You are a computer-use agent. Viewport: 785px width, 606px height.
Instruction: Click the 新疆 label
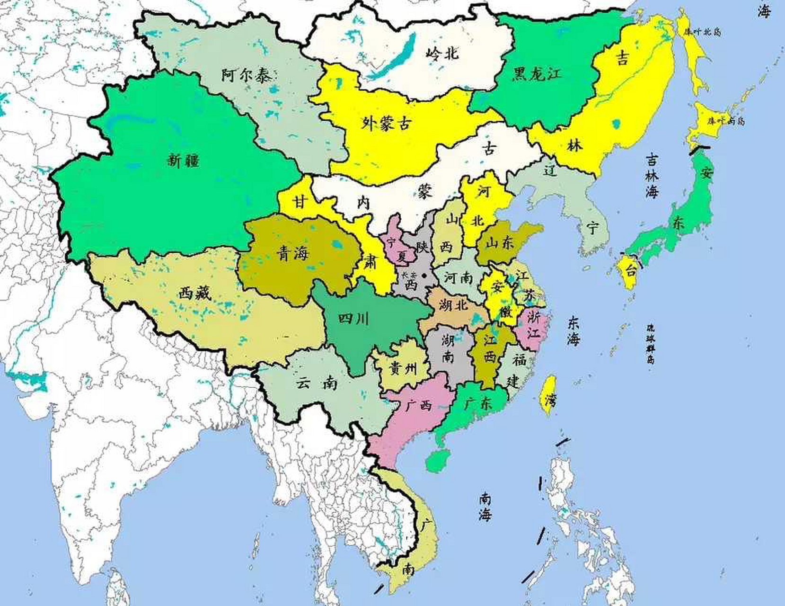point(183,161)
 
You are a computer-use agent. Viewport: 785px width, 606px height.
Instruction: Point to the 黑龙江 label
point(538,74)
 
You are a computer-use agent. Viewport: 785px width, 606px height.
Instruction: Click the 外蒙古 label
point(386,124)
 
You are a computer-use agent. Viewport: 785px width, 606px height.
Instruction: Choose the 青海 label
point(292,254)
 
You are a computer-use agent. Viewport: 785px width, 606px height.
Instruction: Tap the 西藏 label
point(194,294)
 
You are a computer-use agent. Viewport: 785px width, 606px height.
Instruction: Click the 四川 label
point(353,319)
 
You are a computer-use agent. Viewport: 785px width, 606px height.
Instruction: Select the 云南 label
point(317,383)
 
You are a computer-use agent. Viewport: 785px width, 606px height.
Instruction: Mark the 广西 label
point(418,406)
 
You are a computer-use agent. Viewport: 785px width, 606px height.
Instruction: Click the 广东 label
point(478,404)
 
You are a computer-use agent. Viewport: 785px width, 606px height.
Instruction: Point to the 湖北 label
point(453,305)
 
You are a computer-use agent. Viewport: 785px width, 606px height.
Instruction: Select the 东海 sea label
point(573,331)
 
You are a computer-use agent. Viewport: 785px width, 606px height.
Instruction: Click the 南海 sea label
point(485,507)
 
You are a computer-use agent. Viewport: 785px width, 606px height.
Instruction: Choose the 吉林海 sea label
point(652,177)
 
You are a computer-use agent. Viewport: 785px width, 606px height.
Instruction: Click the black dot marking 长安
point(424,276)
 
